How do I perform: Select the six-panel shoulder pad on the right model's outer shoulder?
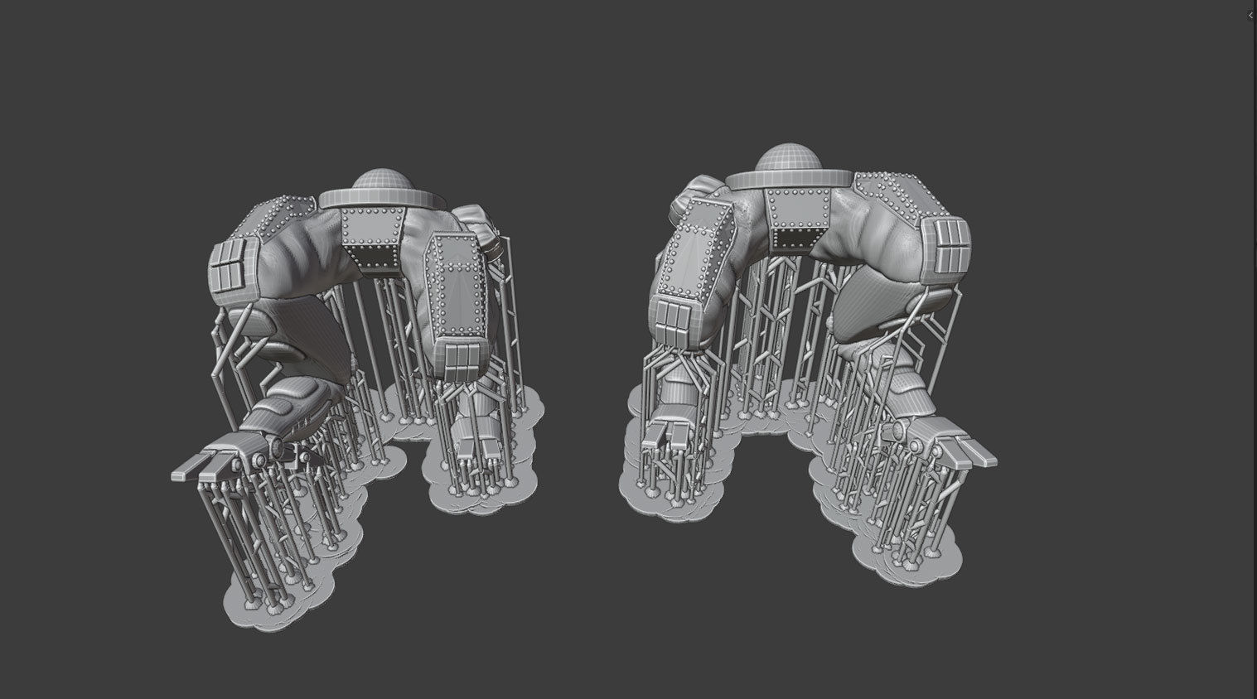[943, 246]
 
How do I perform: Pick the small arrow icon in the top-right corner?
[1250, 15]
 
